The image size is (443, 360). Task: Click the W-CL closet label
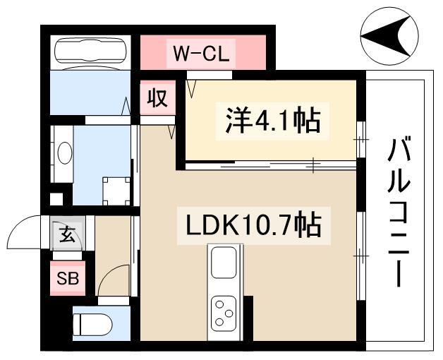(201, 54)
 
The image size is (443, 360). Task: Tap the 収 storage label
(157, 98)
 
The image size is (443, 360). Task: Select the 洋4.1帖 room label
(272, 121)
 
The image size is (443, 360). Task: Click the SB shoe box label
(68, 279)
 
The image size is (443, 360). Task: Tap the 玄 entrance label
(67, 234)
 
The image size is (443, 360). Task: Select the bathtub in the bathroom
(90, 52)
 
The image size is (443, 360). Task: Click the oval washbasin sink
(65, 152)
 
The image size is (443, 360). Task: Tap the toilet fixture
(92, 325)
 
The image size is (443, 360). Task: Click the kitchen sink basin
(224, 263)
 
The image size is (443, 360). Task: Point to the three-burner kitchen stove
(224, 313)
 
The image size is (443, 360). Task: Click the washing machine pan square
(116, 191)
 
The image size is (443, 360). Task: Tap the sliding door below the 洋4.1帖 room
(270, 165)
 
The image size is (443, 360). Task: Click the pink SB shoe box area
(68, 278)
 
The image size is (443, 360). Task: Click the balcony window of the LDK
(361, 256)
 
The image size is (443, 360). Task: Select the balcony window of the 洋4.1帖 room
(361, 140)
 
